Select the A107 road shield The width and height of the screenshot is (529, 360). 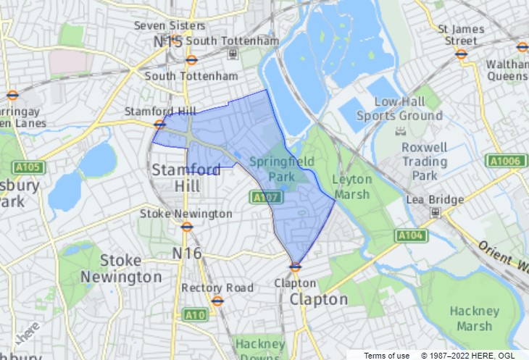point(262,196)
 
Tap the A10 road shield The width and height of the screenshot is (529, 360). point(194,314)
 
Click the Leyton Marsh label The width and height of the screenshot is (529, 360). point(351,187)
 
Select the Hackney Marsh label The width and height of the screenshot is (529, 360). point(475,319)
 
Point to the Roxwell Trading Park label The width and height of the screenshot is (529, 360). point(424,161)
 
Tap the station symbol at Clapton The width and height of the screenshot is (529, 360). point(295,267)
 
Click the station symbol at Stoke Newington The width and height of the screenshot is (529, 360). point(186,226)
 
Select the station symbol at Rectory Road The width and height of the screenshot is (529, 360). point(217,301)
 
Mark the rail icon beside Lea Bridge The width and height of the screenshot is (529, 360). point(435,212)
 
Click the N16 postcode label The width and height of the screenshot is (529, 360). point(186,253)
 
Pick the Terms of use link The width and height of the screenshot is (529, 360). point(386,355)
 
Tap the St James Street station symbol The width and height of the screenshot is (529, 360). point(462,53)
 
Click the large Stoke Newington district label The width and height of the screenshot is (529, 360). point(120,268)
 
